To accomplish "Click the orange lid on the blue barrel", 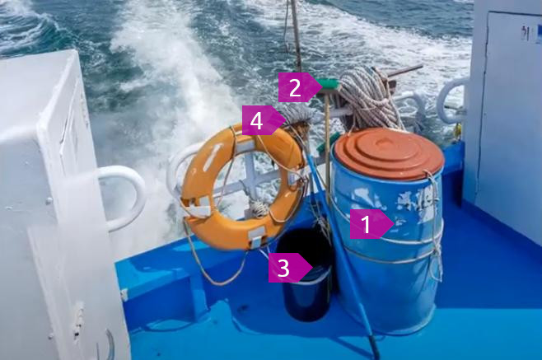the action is (390, 153).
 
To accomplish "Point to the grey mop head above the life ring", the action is (298, 117).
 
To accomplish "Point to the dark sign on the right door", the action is (526, 34).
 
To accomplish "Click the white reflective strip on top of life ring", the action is (248, 144).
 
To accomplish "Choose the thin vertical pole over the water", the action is (296, 35).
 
